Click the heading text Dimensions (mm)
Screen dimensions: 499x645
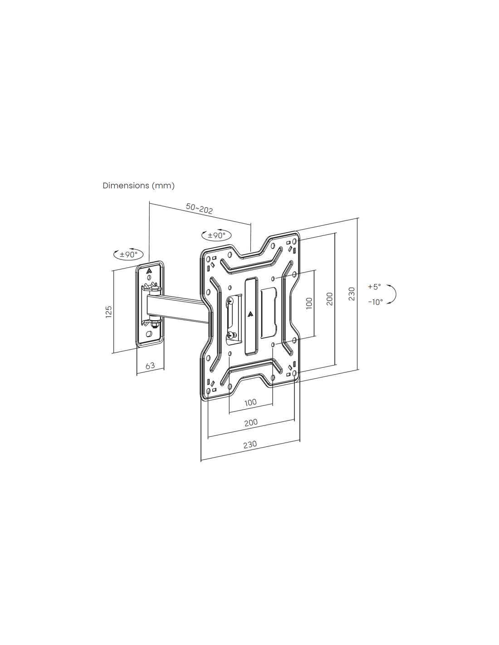pyautogui.click(x=139, y=186)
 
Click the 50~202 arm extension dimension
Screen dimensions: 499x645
pyautogui.click(x=199, y=208)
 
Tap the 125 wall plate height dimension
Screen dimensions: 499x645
pyautogui.click(x=109, y=312)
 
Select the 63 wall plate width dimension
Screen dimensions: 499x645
pyautogui.click(x=150, y=366)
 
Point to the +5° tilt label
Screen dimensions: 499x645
pyautogui.click(x=374, y=287)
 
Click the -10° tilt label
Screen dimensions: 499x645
pyautogui.click(x=376, y=302)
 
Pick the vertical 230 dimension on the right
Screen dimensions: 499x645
pyautogui.click(x=352, y=294)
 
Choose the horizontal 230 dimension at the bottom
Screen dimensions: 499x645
pyautogui.click(x=250, y=453)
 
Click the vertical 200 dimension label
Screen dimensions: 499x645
pyautogui.click(x=330, y=299)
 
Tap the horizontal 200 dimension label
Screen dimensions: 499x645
pyautogui.click(x=251, y=422)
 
